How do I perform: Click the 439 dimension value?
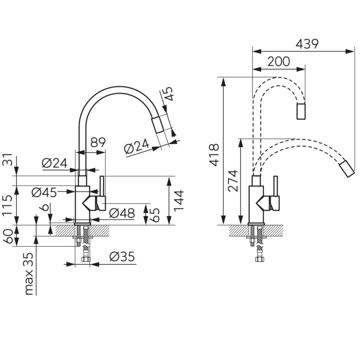click(x=307, y=44)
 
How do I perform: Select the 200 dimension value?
click(x=279, y=61)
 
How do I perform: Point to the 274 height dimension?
click(x=233, y=180)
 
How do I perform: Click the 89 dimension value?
click(x=98, y=143)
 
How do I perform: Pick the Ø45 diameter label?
click(x=44, y=192)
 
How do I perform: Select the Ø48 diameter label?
click(x=122, y=213)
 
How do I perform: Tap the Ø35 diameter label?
click(x=122, y=256)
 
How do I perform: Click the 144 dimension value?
click(x=179, y=200)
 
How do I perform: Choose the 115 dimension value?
click(x=7, y=205)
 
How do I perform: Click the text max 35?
click(x=29, y=274)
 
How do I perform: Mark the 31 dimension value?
click(x=7, y=159)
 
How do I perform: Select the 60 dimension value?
click(x=7, y=236)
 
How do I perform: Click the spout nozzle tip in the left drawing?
click(x=157, y=125)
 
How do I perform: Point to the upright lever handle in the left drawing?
click(x=102, y=186)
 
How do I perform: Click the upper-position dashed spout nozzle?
click(x=301, y=111)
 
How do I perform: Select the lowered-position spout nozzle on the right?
click(x=347, y=169)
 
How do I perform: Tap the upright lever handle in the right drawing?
click(x=276, y=186)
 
